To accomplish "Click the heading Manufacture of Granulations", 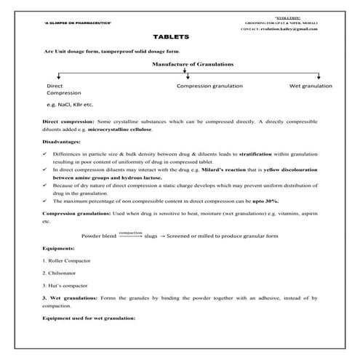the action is pyautogui.click(x=193, y=65).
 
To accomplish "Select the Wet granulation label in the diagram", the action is pyautogui.click(x=311, y=86).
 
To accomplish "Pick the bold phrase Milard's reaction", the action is pyautogui.click(x=222, y=169).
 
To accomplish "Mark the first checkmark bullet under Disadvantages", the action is pyautogui.click(x=46, y=154).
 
